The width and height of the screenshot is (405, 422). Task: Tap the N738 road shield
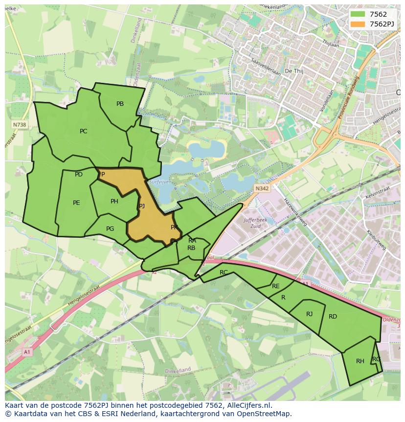(x=20, y=125)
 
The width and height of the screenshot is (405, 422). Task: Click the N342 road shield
(x=262, y=188)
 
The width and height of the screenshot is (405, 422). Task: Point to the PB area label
(x=120, y=104)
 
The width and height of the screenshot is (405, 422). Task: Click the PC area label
(x=83, y=131)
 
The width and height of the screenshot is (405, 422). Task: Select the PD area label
(x=78, y=174)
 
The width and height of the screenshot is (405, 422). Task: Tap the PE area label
(x=76, y=203)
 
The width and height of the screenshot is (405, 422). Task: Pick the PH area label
(x=114, y=201)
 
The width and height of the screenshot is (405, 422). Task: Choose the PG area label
(x=110, y=229)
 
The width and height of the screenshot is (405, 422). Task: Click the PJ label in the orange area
(x=141, y=206)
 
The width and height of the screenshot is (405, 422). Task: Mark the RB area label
(x=191, y=248)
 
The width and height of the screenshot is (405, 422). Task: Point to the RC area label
(x=224, y=273)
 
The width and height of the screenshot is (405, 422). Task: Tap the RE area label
(x=276, y=286)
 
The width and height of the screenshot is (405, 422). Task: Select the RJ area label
(x=309, y=314)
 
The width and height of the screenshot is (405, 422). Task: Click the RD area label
(x=333, y=317)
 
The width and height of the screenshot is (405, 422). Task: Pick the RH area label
(x=360, y=361)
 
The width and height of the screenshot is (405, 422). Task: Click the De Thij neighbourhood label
(x=294, y=71)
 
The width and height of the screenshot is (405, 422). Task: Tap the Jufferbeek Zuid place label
(x=255, y=223)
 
